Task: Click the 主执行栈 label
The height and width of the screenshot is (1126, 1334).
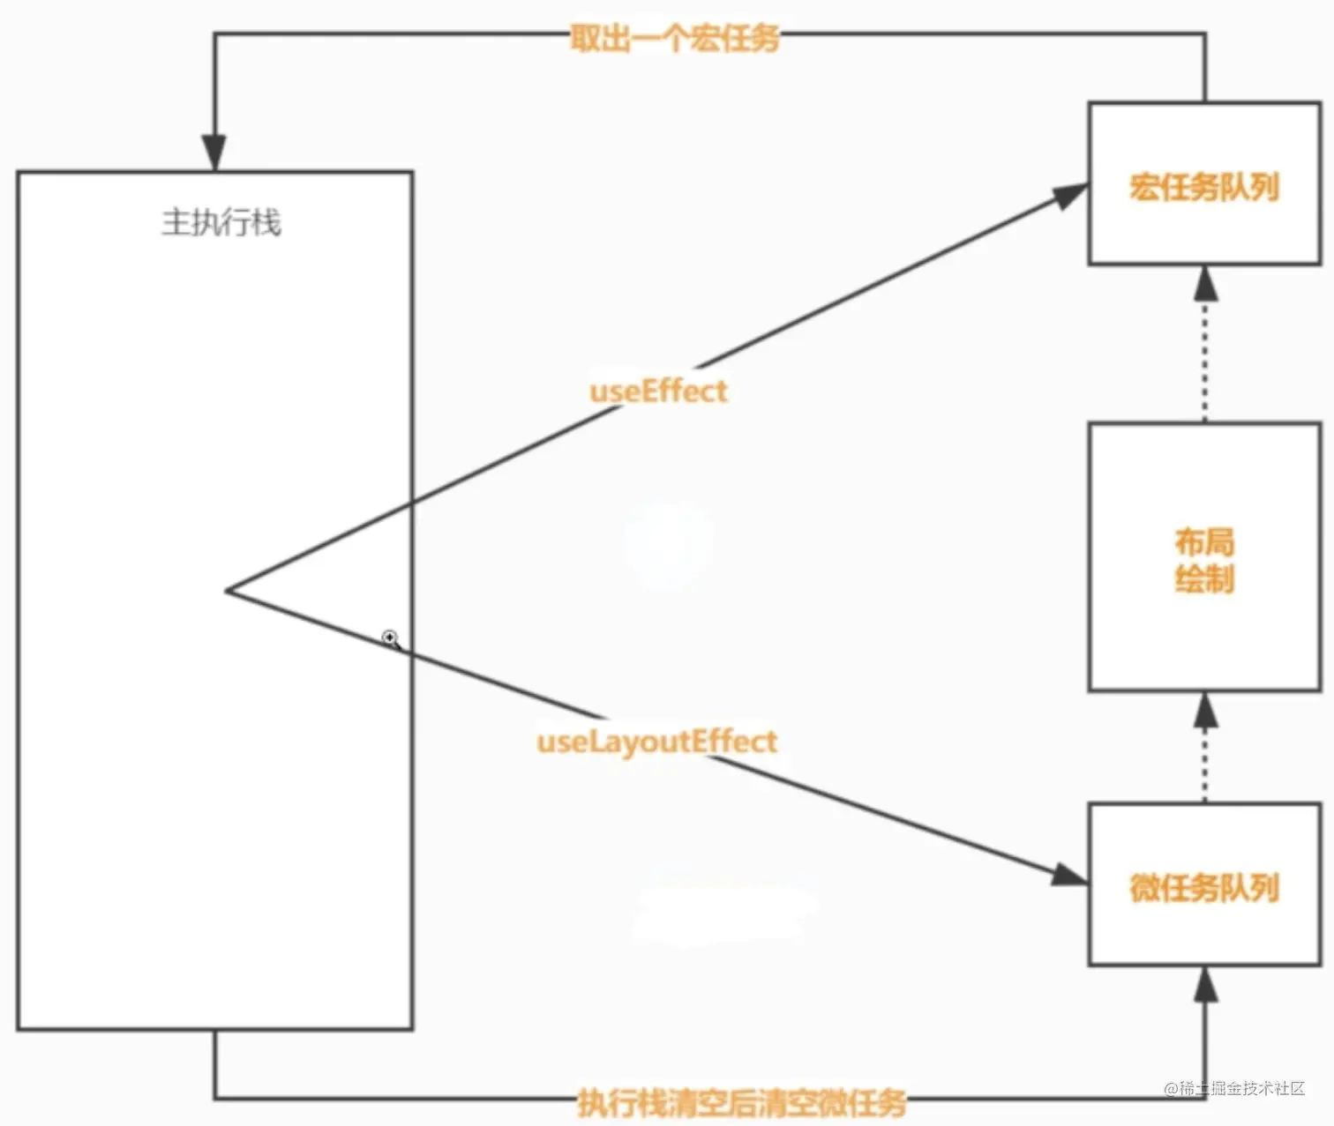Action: click(221, 222)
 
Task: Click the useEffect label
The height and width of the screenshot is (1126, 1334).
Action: click(658, 391)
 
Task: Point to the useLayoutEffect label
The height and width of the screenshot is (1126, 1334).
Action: click(656, 741)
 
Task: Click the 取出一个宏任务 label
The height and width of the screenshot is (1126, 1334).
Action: click(674, 38)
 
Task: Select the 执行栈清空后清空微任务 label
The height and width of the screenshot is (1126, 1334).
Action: click(741, 1101)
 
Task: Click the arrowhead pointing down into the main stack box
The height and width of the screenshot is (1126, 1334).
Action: click(214, 152)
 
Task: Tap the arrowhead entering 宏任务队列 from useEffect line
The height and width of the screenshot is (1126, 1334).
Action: click(1069, 195)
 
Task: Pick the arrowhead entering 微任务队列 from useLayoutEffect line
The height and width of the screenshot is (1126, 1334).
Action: click(1069, 875)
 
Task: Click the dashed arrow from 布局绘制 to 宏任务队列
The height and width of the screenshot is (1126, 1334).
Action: click(1205, 353)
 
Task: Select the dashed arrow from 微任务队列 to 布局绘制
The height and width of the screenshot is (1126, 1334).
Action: click(1205, 749)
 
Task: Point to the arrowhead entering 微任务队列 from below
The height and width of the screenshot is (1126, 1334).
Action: click(1205, 984)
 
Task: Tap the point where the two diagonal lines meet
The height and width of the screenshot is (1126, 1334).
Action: click(228, 591)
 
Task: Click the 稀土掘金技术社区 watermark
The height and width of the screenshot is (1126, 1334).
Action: click(1234, 1088)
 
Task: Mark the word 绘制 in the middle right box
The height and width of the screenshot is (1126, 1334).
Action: click(1204, 579)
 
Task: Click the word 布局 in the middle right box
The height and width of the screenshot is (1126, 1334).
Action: click(1204, 541)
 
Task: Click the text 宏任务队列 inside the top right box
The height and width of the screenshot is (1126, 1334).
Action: click(1203, 187)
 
